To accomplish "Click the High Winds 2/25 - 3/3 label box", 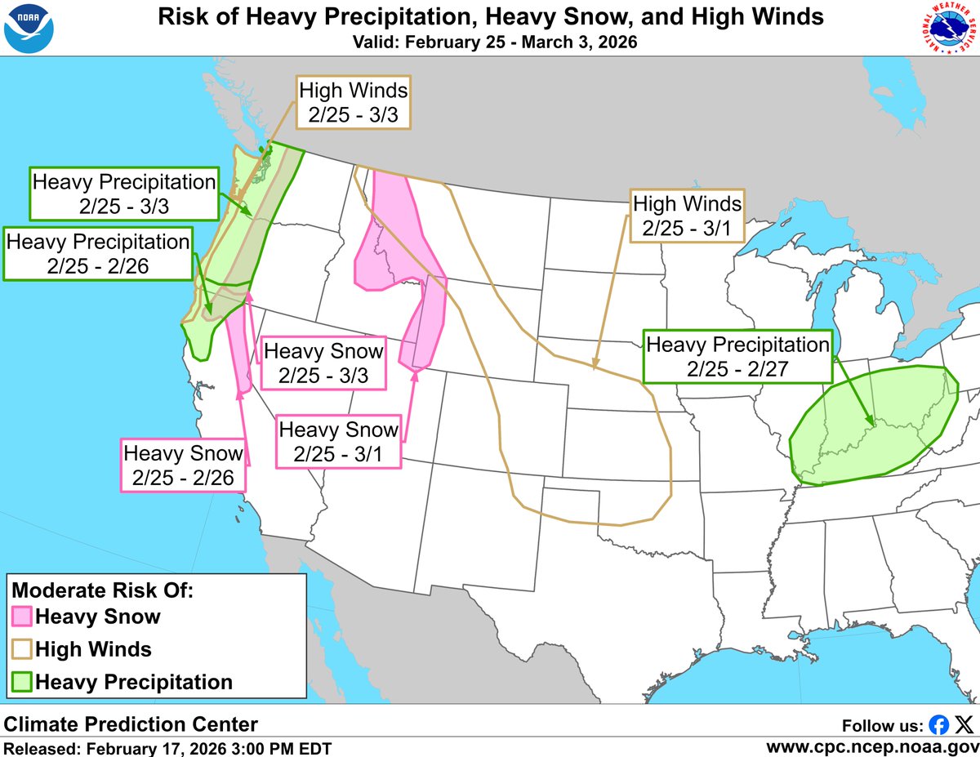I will point(353,102).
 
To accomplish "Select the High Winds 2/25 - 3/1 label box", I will point(687,216).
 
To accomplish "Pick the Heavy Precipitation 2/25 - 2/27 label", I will point(737,357).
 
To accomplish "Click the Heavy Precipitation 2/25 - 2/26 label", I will point(98,254).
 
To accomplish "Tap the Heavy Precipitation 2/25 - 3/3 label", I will point(124,194).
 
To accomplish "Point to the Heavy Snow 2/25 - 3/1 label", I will point(339,441).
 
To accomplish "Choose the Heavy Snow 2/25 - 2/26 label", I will point(183,465).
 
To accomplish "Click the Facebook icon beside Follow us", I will point(939,724).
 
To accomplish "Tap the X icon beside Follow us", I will point(964,724).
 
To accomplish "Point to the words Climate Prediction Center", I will point(131,724).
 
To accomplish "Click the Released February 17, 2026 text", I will point(167,747).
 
